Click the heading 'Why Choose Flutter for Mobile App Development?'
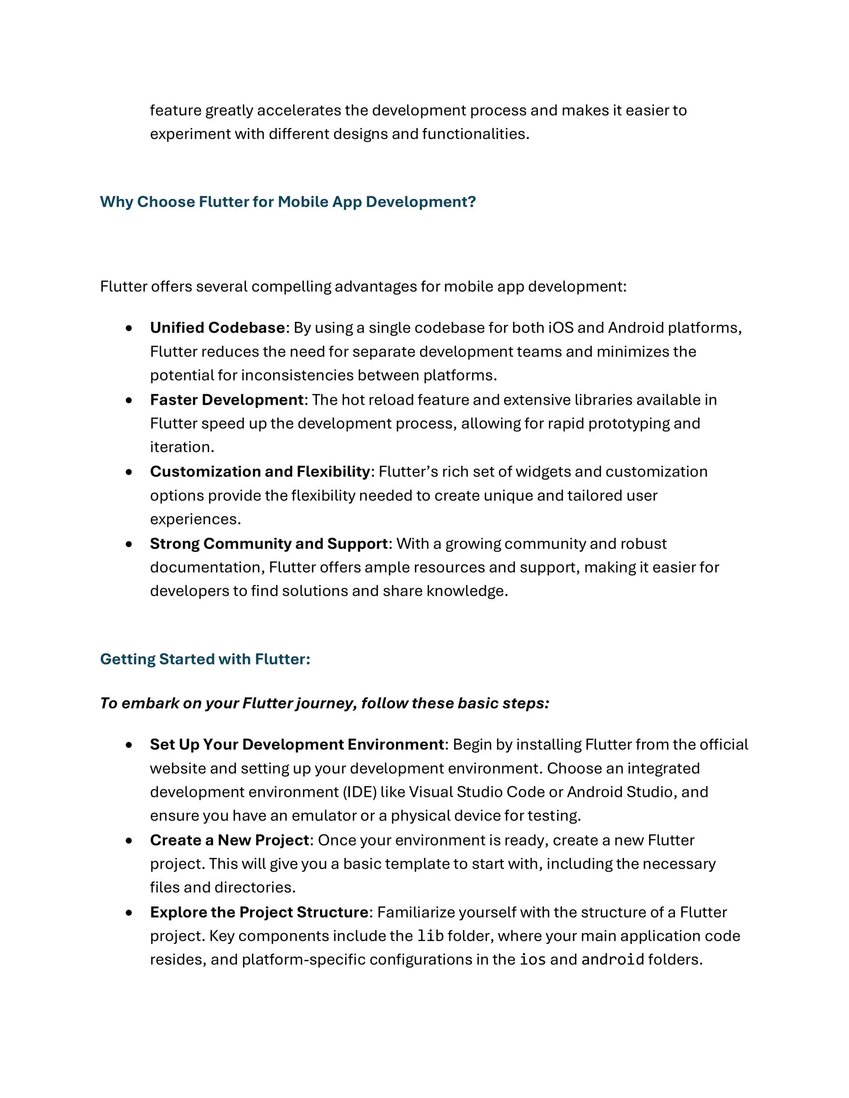288,202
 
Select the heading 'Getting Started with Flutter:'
205,659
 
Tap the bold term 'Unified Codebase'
217,328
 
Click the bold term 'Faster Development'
226,400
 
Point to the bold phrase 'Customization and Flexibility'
260,472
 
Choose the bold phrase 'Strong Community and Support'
269,544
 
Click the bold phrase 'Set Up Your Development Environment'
297,745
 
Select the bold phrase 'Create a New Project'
229,840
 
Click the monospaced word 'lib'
431,936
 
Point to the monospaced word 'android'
613,960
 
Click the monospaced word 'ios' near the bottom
533,960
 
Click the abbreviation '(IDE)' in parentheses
360,792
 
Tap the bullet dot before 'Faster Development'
129,400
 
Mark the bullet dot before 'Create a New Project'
129,841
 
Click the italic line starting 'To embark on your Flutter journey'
325,703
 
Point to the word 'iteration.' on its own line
182,447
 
